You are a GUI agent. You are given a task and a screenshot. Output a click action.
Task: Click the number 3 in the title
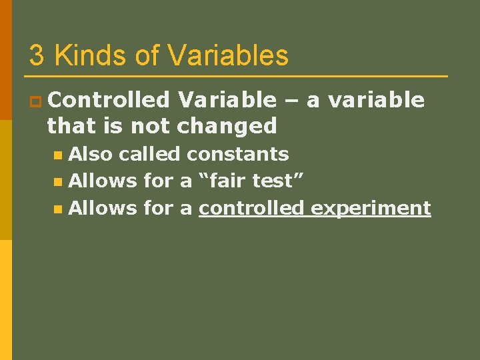point(37,56)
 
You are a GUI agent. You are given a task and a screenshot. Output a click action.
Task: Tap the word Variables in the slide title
point(228,56)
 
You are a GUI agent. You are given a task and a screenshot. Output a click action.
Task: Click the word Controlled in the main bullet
point(109,100)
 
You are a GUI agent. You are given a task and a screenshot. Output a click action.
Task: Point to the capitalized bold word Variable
point(227,100)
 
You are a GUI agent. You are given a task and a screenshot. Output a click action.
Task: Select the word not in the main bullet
point(152,125)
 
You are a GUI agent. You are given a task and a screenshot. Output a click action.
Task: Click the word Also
point(93,155)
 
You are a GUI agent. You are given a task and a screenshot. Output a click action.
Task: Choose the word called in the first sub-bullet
point(151,155)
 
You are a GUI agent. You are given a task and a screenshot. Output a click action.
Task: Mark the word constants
point(237,155)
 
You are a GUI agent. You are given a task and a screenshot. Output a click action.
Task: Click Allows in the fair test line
point(103,181)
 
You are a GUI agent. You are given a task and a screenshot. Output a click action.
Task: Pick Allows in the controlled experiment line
point(103,208)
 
